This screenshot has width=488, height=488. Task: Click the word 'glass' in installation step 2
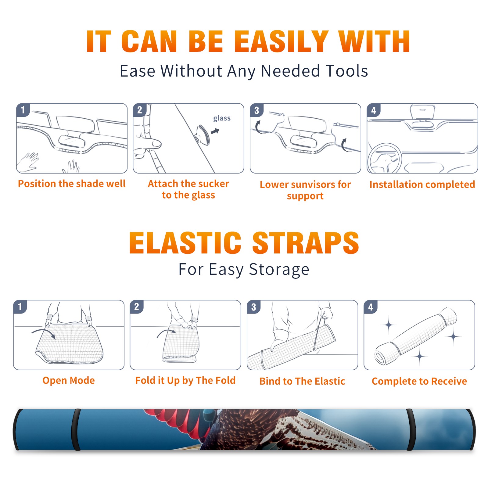point(222,118)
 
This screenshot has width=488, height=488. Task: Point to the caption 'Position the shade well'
point(72,184)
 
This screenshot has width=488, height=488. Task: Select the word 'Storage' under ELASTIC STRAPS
point(279,270)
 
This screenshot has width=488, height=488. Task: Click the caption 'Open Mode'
point(69,380)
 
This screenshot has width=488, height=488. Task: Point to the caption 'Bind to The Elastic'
point(302,381)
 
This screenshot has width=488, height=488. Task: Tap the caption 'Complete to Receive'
point(419,381)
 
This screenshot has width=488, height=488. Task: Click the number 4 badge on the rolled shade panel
point(371,307)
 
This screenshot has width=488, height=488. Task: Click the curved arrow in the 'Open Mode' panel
point(43,331)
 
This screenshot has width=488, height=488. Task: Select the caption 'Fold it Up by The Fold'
point(185,380)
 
